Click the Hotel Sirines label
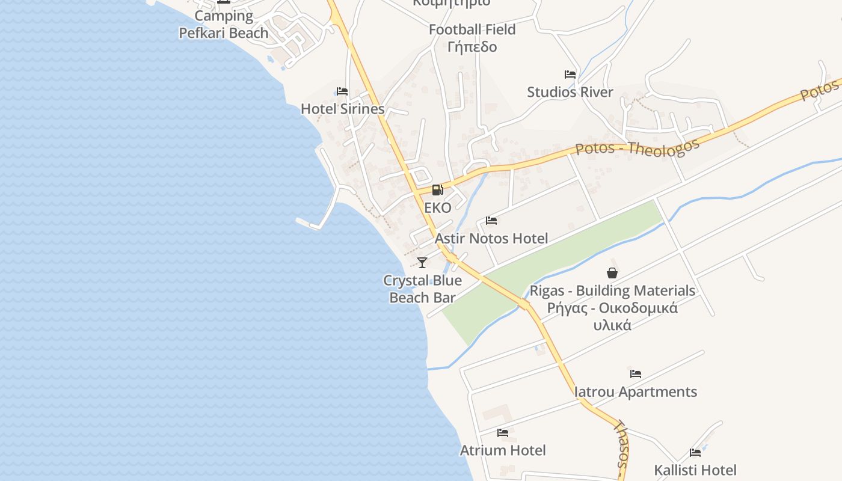[x=342, y=109]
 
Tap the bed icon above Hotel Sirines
[x=342, y=91]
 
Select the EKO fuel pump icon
[x=437, y=190]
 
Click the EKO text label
[x=437, y=207]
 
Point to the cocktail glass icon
[x=422, y=262]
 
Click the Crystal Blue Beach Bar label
[x=422, y=289]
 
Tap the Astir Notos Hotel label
[x=491, y=239]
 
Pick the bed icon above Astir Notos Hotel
[x=491, y=221]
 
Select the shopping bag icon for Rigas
[x=612, y=273]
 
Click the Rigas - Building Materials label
[x=612, y=291]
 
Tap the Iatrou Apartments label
[x=636, y=392]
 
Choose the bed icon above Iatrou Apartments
[x=636, y=374]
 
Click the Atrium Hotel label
[x=503, y=450]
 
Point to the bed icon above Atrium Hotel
[x=503, y=433]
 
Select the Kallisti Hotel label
[x=695, y=470]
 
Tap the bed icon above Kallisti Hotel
[x=695, y=452]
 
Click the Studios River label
[x=570, y=92]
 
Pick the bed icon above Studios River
[x=570, y=75]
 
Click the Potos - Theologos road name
[x=638, y=147]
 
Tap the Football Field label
[x=472, y=29]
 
